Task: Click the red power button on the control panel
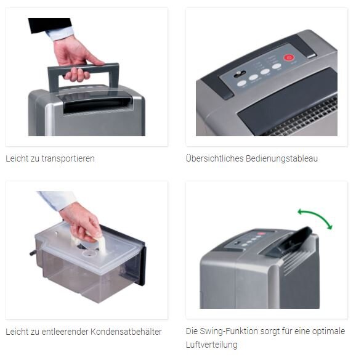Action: [289, 58]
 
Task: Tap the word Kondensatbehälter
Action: [127, 332]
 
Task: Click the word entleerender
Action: [64, 332]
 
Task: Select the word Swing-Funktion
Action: [229, 332]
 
